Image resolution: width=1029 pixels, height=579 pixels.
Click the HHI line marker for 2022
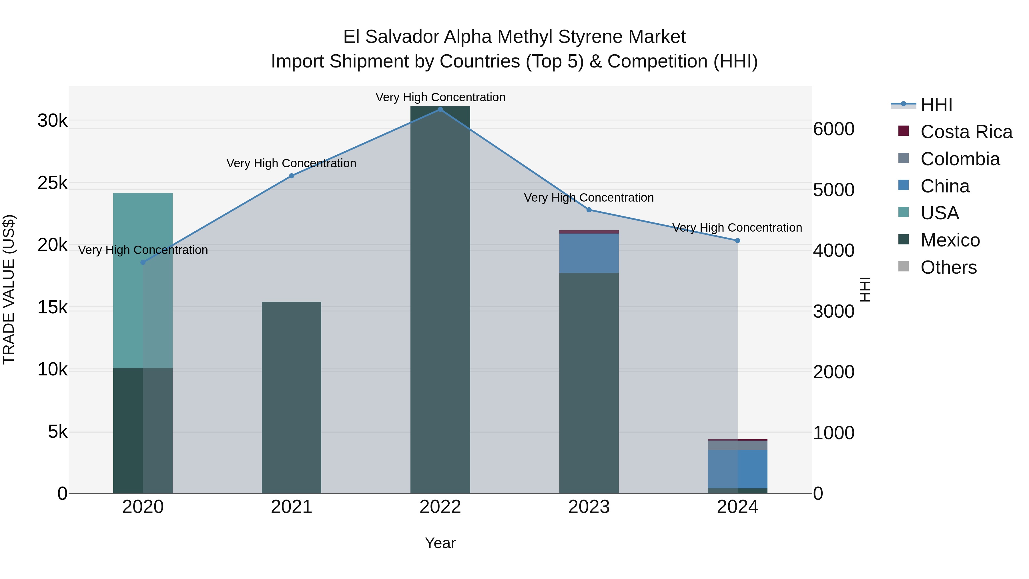[440, 110]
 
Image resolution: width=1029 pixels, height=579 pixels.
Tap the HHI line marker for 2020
[143, 262]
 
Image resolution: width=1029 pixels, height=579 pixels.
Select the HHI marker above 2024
[737, 240]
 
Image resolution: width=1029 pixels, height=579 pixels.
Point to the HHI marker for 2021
[292, 176]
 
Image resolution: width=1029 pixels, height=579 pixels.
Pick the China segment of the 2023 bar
[589, 253]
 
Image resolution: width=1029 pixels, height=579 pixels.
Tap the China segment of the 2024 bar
[737, 469]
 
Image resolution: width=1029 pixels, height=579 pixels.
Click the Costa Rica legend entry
[966, 132]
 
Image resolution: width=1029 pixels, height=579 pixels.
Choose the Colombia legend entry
[960, 159]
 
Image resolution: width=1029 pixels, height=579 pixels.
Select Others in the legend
[948, 267]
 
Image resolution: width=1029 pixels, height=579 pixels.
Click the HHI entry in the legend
[936, 105]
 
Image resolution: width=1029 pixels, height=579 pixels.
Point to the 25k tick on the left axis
[53, 183]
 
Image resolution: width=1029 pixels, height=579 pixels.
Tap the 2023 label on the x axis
[589, 507]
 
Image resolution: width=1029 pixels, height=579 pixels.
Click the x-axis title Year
[440, 543]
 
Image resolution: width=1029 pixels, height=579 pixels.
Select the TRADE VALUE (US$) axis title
[9, 289]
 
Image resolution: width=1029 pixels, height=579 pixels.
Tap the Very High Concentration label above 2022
[440, 97]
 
